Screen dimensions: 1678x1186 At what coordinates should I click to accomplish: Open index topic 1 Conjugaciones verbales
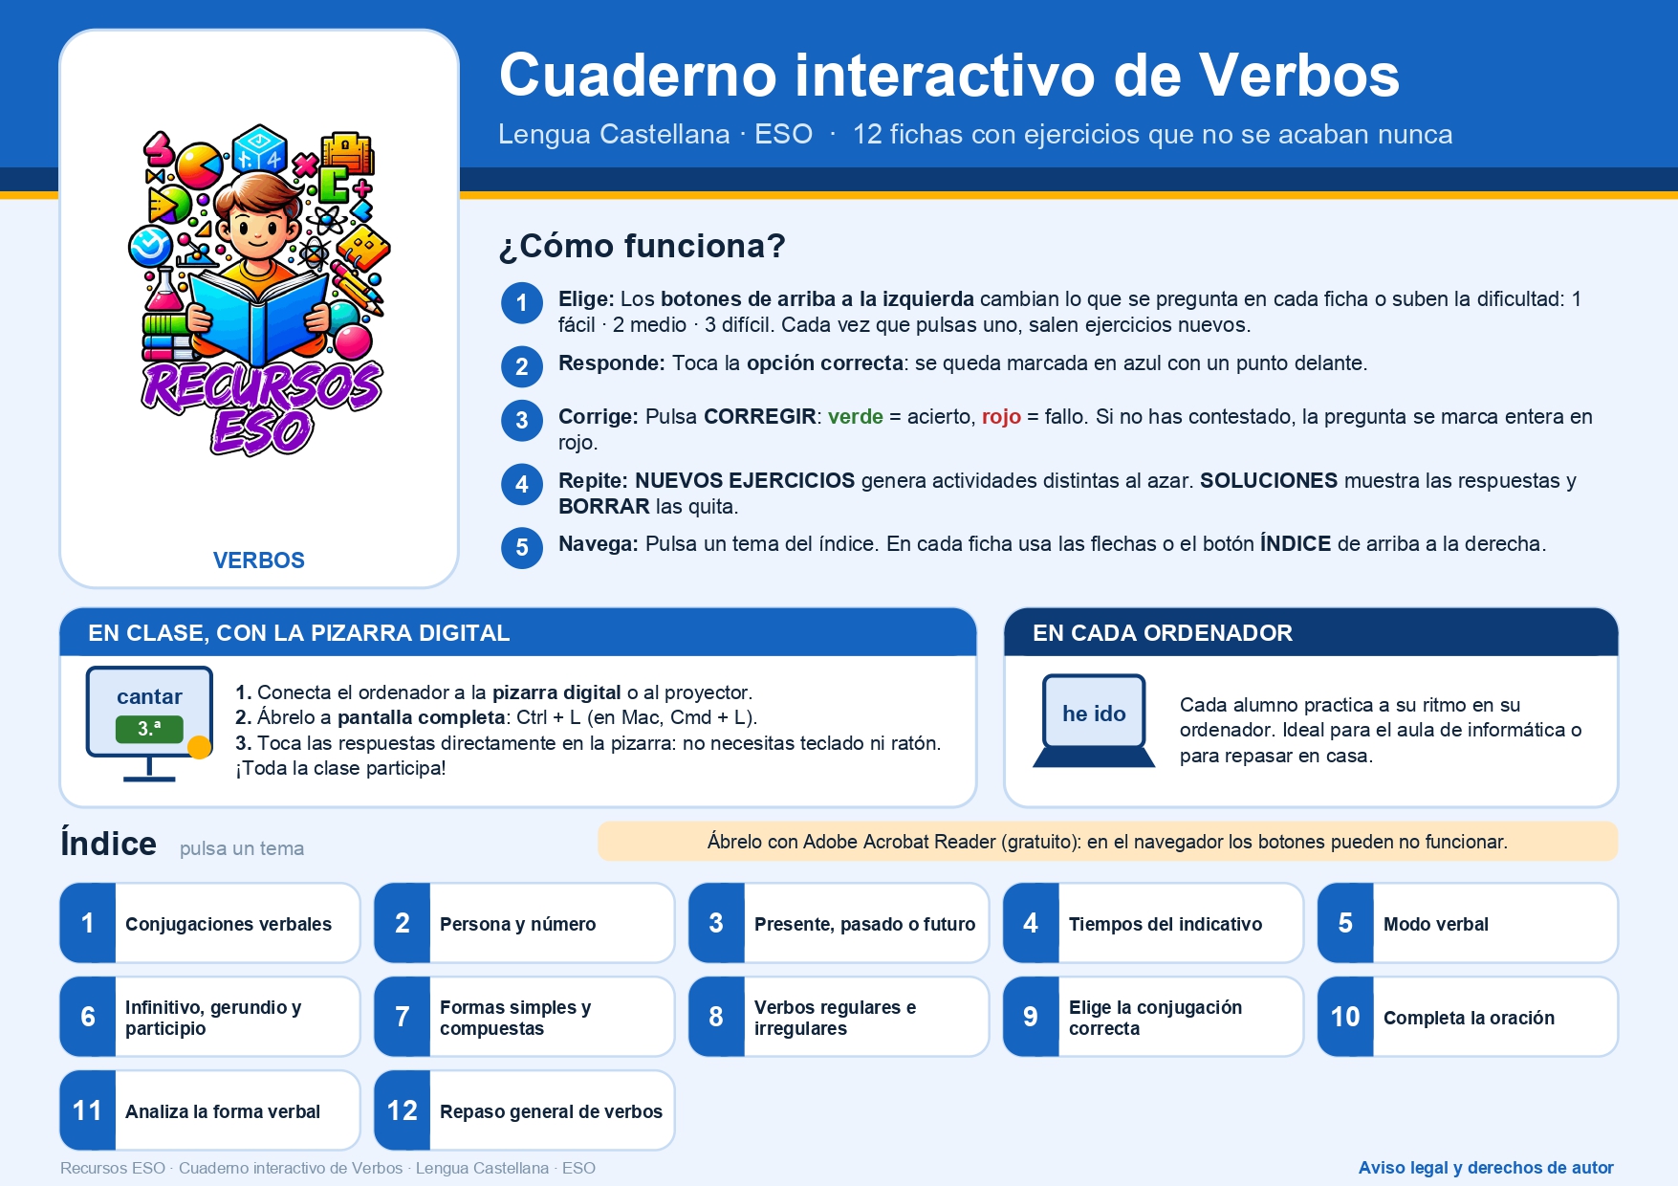click(x=210, y=923)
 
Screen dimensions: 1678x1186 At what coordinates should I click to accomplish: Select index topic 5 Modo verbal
click(x=1468, y=923)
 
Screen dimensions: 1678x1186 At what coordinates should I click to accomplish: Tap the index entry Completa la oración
click(x=1468, y=1017)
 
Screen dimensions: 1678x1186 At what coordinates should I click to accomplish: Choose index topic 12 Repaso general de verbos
click(x=525, y=1110)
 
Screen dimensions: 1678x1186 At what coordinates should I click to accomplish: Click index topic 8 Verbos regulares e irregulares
click(x=839, y=1017)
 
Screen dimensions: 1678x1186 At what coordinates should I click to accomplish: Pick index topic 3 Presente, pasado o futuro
click(x=839, y=923)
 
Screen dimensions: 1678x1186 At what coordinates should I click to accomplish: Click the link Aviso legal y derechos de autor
click(x=1486, y=1168)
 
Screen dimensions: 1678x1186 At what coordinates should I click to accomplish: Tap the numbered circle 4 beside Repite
click(x=522, y=484)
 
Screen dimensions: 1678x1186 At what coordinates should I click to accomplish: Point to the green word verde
click(x=856, y=417)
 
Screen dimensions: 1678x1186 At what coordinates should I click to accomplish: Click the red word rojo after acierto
click(x=1001, y=418)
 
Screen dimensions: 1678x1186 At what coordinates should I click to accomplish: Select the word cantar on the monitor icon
click(x=149, y=697)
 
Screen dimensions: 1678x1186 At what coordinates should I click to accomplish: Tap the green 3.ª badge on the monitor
click(x=149, y=729)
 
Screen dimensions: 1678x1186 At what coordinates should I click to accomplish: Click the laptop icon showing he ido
click(x=1094, y=721)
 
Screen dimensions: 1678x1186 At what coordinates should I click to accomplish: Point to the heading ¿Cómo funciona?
click(x=643, y=247)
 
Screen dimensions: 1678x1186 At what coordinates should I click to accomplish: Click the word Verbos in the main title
click(x=1299, y=76)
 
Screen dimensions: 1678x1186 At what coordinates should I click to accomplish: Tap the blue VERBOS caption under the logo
click(x=259, y=560)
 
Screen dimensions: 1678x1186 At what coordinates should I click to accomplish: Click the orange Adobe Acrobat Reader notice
click(x=1107, y=842)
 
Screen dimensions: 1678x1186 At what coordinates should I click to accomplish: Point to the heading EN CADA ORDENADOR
click(x=1163, y=633)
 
